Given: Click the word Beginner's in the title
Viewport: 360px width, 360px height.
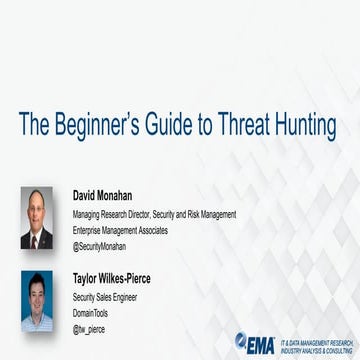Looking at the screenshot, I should pyautogui.click(x=93, y=125).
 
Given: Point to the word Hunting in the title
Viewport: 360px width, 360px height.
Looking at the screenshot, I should pyautogui.click(x=306, y=125).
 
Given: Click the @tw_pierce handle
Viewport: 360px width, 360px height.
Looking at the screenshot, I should pyautogui.click(x=89, y=329).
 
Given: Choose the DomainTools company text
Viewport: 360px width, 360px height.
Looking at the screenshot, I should pyautogui.click(x=92, y=313).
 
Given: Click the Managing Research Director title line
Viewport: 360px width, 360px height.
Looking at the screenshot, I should pyautogui.click(x=154, y=214).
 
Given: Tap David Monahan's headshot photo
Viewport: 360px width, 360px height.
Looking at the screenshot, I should pyautogui.click(x=37, y=218).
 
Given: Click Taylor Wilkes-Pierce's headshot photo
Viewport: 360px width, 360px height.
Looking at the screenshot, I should pyautogui.click(x=37, y=301).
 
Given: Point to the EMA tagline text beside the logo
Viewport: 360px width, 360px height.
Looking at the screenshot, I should pyautogui.click(x=315, y=343).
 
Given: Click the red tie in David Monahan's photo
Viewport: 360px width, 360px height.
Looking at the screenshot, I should pyautogui.click(x=37, y=240).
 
